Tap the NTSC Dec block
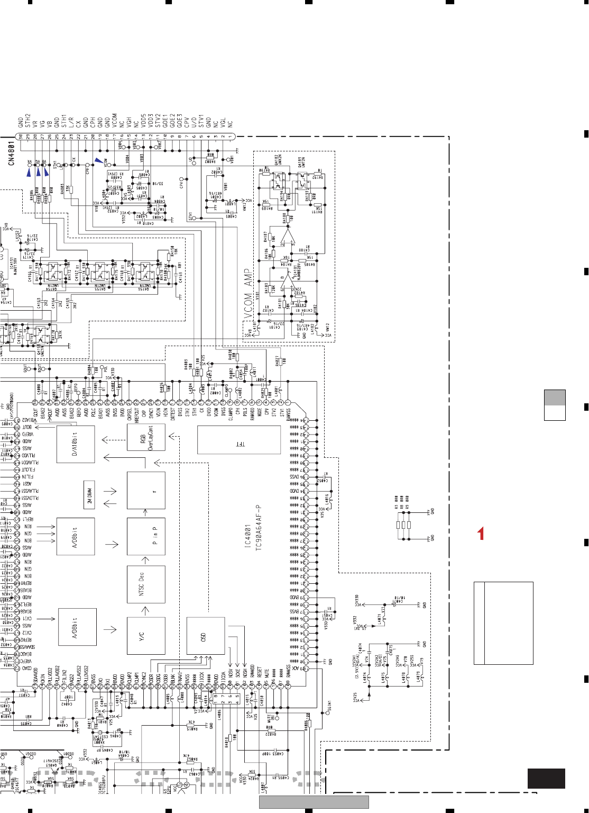pyautogui.click(x=146, y=585)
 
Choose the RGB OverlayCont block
pyautogui.click(x=146, y=437)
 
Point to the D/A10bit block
pyautogui.click(x=76, y=442)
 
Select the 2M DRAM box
pyautogui.click(x=89, y=494)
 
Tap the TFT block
pyautogui.click(x=238, y=440)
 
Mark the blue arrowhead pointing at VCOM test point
pyautogui.click(x=98, y=160)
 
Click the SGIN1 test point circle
pyautogui.click(x=327, y=713)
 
